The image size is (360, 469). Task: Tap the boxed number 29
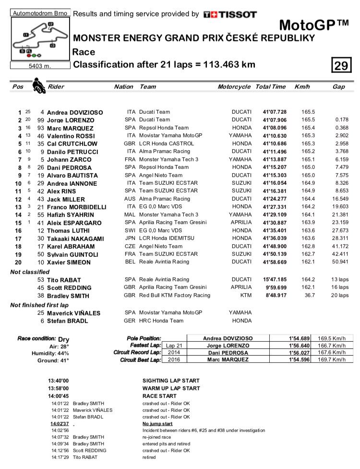(341, 65)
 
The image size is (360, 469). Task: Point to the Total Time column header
(270, 87)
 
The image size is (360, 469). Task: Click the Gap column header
(338, 87)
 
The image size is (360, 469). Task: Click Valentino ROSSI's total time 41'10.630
(275, 136)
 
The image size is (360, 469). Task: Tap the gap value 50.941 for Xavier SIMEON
(339, 263)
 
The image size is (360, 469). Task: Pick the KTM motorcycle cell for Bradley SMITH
(245, 296)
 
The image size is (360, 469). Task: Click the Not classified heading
(30, 272)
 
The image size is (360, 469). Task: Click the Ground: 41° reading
(53, 361)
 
